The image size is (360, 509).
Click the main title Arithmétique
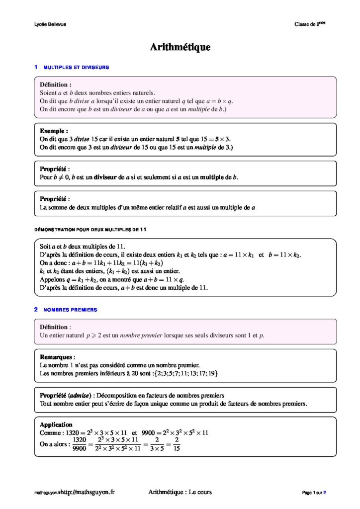pyautogui.click(x=180, y=47)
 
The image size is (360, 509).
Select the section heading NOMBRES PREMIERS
pyautogui.click(x=70, y=310)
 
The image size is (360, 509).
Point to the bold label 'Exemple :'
pyautogui.click(x=54, y=131)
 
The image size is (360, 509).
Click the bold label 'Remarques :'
pyautogui.click(x=57, y=357)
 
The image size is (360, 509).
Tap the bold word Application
pyautogui.click(x=56, y=424)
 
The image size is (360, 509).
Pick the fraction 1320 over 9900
pyautogui.click(x=80, y=444)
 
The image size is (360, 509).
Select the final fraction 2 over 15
pyautogui.click(x=177, y=444)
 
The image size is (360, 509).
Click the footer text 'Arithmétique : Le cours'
pyautogui.click(x=180, y=492)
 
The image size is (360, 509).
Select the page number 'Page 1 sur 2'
pyautogui.click(x=314, y=493)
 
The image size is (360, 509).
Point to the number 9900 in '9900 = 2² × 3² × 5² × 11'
pyautogui.click(x=151, y=432)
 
